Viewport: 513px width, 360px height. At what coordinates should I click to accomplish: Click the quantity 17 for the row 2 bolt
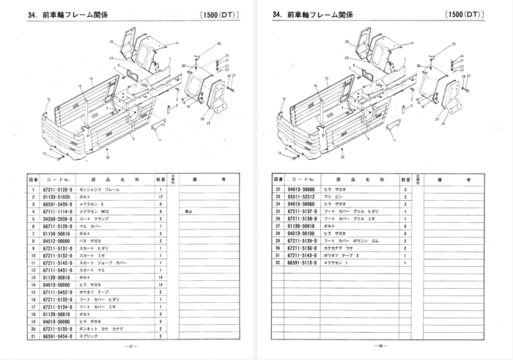click(x=160, y=197)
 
